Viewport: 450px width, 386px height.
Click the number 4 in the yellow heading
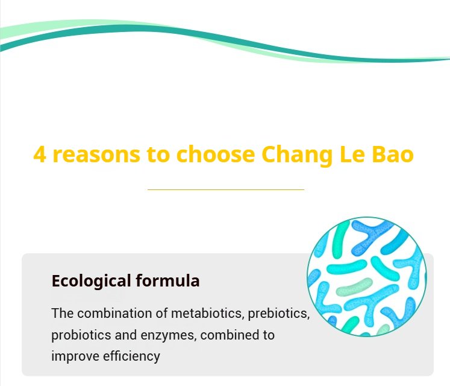click(x=40, y=154)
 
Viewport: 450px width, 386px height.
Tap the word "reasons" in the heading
click(x=96, y=155)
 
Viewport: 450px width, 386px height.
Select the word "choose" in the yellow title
click(x=216, y=154)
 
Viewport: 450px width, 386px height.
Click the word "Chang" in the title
click(x=297, y=155)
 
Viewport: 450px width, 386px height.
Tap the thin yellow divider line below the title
click(x=226, y=190)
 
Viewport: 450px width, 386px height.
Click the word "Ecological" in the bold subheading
click(x=91, y=281)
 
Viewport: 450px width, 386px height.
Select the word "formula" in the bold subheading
click(x=167, y=280)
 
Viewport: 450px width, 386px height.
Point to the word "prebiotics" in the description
click(x=279, y=314)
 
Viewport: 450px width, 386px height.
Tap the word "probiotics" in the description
click(x=81, y=335)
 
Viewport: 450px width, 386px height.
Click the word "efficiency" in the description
click(x=131, y=356)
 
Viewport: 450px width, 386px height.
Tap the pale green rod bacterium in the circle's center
click(x=354, y=286)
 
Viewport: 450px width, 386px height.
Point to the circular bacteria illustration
click(x=367, y=276)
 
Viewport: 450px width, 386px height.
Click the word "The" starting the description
click(x=62, y=313)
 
